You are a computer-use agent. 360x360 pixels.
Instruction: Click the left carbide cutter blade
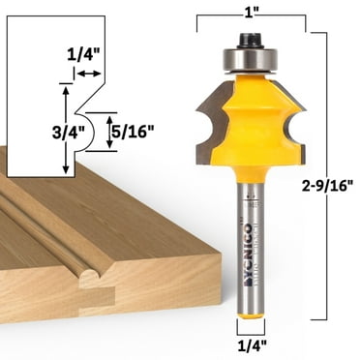(209, 131)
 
